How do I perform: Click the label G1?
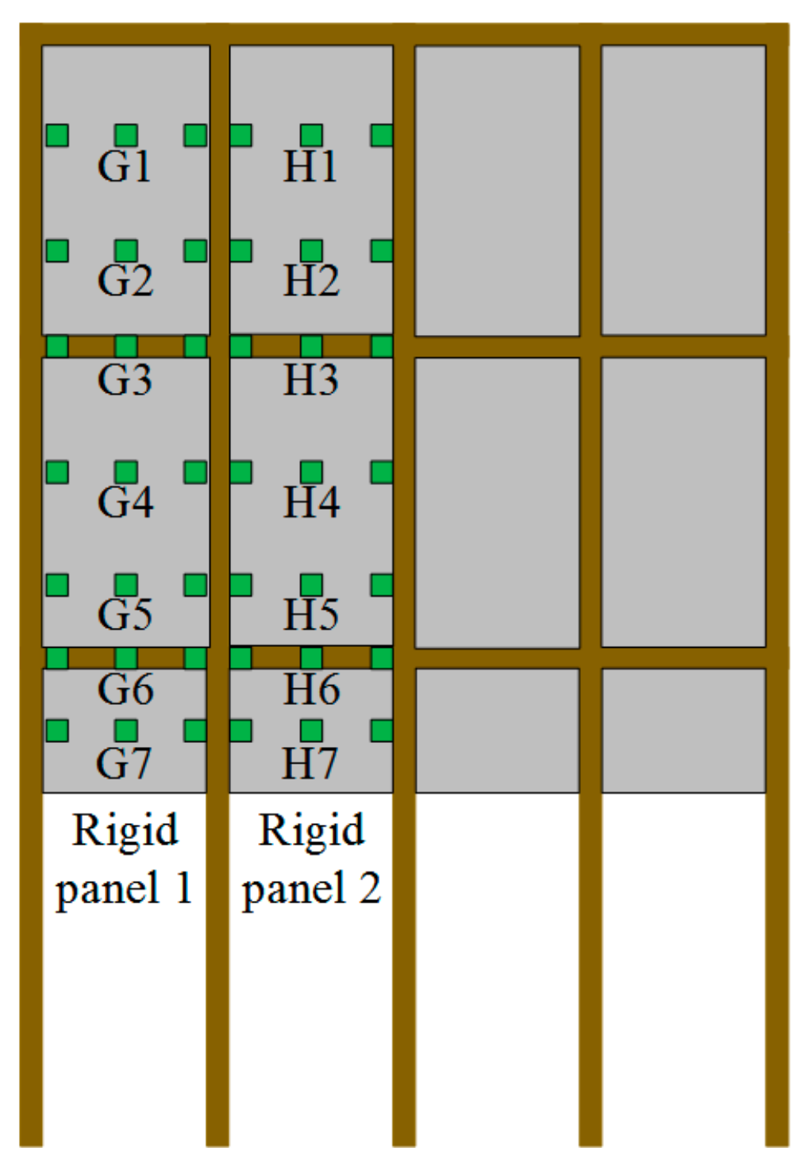point(125,167)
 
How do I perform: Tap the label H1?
point(310,167)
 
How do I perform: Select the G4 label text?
point(125,502)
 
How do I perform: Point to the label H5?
point(311,614)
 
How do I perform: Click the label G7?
point(124,764)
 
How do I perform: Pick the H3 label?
point(311,380)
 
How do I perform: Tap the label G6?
point(125,689)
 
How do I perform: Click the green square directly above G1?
point(126,136)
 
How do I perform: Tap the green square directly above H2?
point(311,251)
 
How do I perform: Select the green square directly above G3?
point(126,347)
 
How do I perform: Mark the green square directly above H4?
point(311,472)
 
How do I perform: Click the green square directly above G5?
point(126,585)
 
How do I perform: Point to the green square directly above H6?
point(311,658)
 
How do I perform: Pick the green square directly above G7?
point(126,730)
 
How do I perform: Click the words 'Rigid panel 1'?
point(125,859)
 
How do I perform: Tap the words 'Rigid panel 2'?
point(311,859)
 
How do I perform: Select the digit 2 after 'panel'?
point(370,888)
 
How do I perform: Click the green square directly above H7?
point(311,730)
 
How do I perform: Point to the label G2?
point(125,281)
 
